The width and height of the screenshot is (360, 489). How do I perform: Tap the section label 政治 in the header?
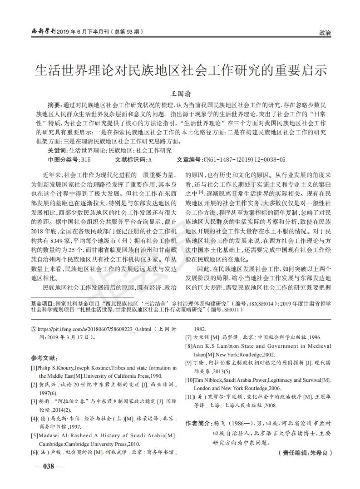point(325,33)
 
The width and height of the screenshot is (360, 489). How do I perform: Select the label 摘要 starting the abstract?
point(55,105)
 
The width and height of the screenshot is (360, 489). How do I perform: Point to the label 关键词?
point(57,150)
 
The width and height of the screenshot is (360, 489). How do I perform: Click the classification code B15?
point(86,159)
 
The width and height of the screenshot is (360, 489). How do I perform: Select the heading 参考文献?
point(44,358)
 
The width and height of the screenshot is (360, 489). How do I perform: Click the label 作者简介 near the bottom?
point(198,423)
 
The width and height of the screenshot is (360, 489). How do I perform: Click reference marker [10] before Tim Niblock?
point(189,380)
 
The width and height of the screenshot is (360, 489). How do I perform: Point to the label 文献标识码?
point(130,159)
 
